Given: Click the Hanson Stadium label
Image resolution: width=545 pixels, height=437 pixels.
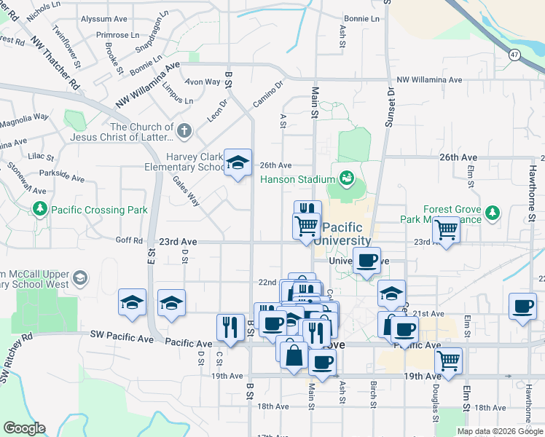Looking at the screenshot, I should (294, 179).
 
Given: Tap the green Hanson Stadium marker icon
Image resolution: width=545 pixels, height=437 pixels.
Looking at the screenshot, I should (346, 178).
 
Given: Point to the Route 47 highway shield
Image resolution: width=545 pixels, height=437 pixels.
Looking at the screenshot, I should (514, 55).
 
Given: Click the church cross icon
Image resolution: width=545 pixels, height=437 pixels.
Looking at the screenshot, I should (184, 132).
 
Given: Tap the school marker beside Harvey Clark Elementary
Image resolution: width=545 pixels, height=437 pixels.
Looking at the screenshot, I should (238, 164).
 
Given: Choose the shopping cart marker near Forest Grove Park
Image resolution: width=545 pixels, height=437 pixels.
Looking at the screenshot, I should (446, 231).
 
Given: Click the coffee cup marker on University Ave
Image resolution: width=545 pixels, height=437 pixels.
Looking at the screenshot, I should (367, 259).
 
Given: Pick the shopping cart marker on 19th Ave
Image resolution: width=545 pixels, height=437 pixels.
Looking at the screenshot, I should (448, 360).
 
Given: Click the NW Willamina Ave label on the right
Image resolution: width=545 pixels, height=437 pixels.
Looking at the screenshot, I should (429, 79).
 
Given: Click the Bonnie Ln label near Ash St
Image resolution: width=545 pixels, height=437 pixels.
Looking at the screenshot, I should (362, 17).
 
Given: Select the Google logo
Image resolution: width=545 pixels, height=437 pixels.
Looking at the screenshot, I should (24, 428).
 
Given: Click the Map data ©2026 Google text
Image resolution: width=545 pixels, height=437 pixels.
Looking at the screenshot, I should (499, 431).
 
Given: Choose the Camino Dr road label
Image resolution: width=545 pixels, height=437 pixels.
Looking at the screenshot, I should (267, 93).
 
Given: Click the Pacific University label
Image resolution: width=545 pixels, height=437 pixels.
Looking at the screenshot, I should (346, 233).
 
